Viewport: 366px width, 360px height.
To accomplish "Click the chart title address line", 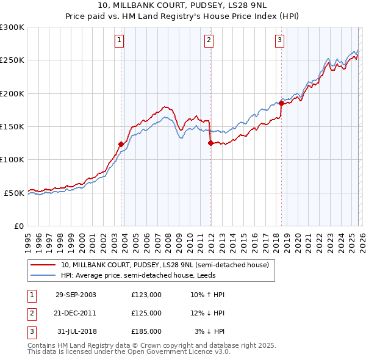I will click(182, 5).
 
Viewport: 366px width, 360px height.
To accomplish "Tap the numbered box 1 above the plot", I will click(118, 41).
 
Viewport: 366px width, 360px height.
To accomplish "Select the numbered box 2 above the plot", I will click(209, 41).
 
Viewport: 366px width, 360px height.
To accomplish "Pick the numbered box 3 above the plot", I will click(279, 41).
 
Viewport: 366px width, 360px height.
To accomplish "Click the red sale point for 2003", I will click(121, 144).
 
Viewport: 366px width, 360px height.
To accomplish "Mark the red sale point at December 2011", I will click(210, 143).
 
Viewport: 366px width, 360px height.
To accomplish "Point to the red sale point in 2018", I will click(281, 103).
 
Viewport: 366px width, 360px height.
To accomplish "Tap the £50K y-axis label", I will click(13, 193).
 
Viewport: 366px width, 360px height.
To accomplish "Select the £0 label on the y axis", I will click(18, 226).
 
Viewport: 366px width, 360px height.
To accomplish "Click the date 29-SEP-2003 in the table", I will click(76, 295).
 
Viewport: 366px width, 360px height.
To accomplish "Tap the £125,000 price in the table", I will click(146, 313).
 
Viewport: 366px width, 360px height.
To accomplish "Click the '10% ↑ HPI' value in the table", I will click(208, 295).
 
